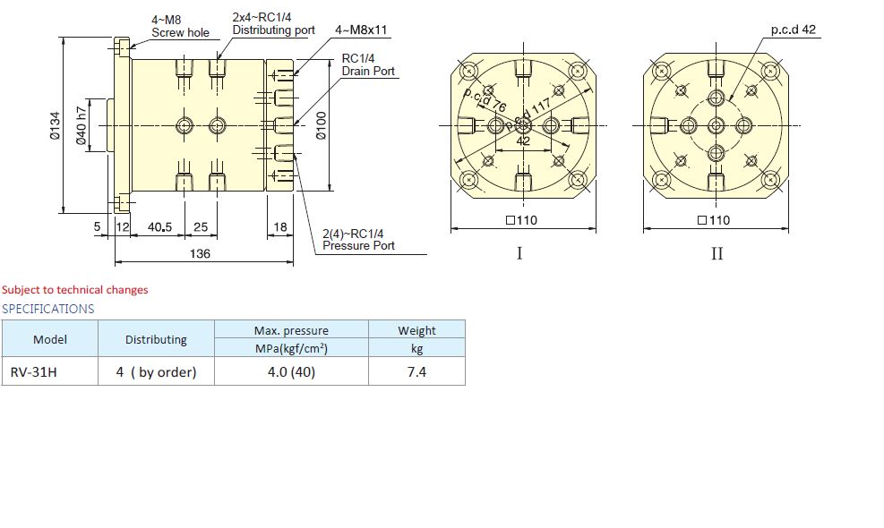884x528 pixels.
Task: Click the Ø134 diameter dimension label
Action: (x=55, y=126)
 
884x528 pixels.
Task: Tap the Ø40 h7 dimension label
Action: (x=82, y=126)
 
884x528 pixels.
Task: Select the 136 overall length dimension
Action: (x=200, y=254)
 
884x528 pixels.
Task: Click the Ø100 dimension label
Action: (x=322, y=126)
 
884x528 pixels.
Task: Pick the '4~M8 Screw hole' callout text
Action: (x=179, y=27)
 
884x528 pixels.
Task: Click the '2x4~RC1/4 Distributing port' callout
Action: (x=272, y=24)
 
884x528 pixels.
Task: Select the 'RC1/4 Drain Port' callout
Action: (x=368, y=64)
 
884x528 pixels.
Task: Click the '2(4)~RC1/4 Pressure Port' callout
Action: (x=357, y=239)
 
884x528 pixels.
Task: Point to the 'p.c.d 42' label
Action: (x=793, y=30)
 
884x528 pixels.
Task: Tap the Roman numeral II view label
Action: (x=717, y=254)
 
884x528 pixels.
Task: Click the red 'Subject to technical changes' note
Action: (x=75, y=290)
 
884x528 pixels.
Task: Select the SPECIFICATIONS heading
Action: (x=47, y=309)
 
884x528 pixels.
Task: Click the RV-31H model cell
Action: (x=33, y=371)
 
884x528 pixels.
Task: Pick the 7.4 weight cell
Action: (x=416, y=371)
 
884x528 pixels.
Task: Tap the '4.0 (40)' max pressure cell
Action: (x=291, y=371)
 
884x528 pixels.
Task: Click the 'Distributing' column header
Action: (x=156, y=339)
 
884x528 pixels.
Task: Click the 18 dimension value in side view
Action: (x=279, y=227)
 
